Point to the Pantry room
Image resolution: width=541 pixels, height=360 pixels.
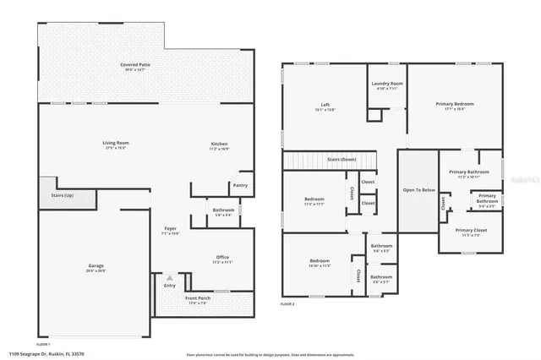pos(240,185)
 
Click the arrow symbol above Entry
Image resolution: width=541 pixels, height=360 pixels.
pos(169,277)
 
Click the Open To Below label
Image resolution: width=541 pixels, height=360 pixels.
pos(418,190)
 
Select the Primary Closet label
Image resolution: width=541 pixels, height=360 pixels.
pos(470,231)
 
